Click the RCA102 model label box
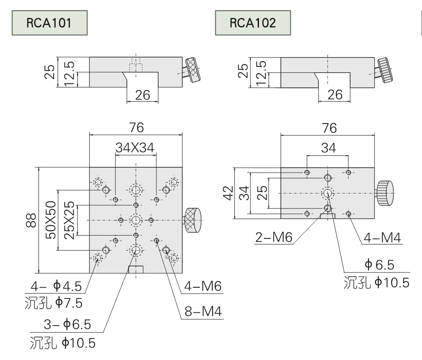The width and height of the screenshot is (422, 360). [x=252, y=24]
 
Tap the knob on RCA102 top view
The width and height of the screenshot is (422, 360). [x=385, y=193]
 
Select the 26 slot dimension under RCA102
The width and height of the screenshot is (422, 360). [x=335, y=94]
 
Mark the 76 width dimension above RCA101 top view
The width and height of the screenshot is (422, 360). [x=136, y=128]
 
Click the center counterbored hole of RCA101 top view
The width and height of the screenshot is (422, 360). [x=136, y=219]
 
